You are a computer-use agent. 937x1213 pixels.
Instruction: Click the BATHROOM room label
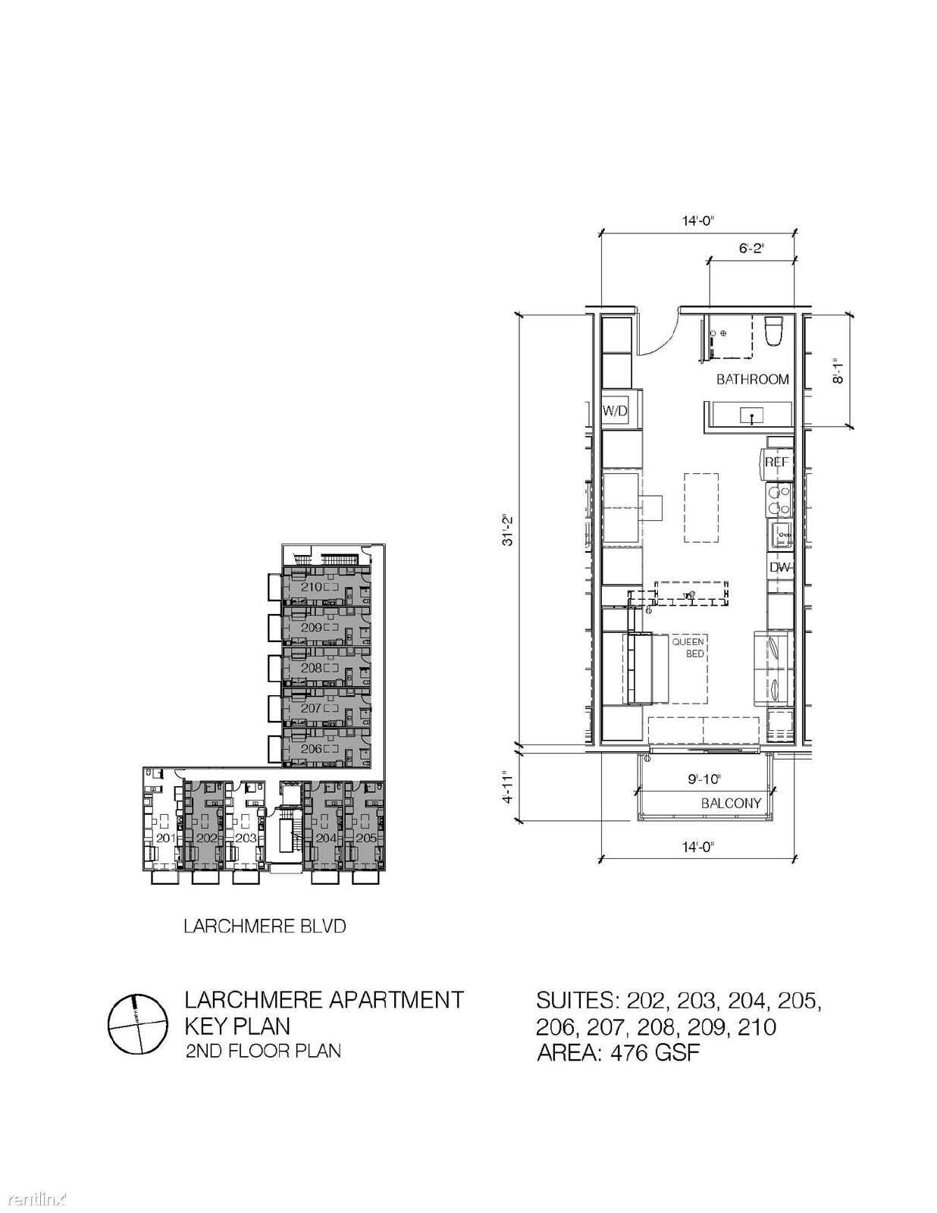[752, 380]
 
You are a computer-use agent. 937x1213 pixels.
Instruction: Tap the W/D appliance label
[616, 412]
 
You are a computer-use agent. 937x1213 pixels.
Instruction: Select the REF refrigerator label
[776, 462]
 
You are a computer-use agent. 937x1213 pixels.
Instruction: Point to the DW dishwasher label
[780, 568]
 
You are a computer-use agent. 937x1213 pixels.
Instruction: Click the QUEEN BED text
[688, 647]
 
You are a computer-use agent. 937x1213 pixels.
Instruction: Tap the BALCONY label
[731, 804]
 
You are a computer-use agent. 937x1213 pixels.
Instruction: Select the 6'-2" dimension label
[751, 249]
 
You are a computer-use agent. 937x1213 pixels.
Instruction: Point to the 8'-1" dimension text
[836, 370]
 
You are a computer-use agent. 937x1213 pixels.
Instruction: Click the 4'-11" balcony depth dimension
[508, 788]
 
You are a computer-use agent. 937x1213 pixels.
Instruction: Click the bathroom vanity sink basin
[752, 415]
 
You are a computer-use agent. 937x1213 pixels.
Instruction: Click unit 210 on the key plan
[312, 587]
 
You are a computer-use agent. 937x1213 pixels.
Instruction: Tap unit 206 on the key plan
[312, 748]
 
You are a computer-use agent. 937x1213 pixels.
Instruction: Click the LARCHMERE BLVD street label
[265, 926]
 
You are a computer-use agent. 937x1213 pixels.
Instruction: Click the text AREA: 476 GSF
[619, 1053]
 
